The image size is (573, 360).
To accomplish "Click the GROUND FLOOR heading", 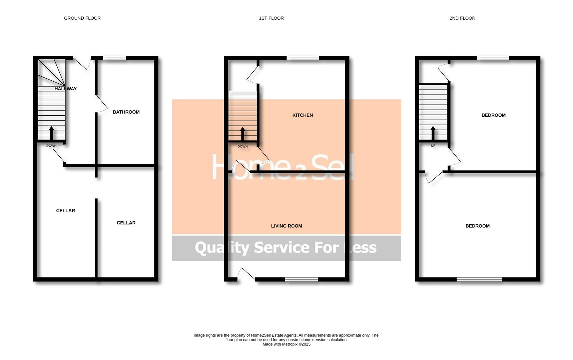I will (x=82, y=18).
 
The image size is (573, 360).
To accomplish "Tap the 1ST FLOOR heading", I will (x=271, y=18).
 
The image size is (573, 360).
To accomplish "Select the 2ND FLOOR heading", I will (x=462, y=18).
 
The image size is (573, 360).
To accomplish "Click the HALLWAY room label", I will (x=65, y=89).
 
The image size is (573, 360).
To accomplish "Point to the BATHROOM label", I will (x=126, y=112).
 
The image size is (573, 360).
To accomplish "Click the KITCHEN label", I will (x=303, y=115).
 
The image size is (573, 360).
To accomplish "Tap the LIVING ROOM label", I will (x=286, y=226).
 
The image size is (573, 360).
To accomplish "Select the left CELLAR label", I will (x=65, y=211).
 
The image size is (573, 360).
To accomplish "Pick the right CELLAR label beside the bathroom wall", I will (x=126, y=223).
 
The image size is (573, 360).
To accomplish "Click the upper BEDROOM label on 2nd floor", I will (x=493, y=115).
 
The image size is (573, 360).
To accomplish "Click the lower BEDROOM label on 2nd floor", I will (x=477, y=226).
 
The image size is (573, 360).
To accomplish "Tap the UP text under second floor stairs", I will (x=433, y=146).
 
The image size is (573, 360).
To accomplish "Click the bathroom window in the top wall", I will (x=114, y=58).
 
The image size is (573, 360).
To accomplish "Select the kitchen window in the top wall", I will (x=303, y=58).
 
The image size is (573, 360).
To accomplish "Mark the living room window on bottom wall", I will (x=301, y=279).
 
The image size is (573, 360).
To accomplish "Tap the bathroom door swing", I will (x=102, y=103).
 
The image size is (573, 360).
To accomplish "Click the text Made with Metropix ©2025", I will (x=286, y=344).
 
